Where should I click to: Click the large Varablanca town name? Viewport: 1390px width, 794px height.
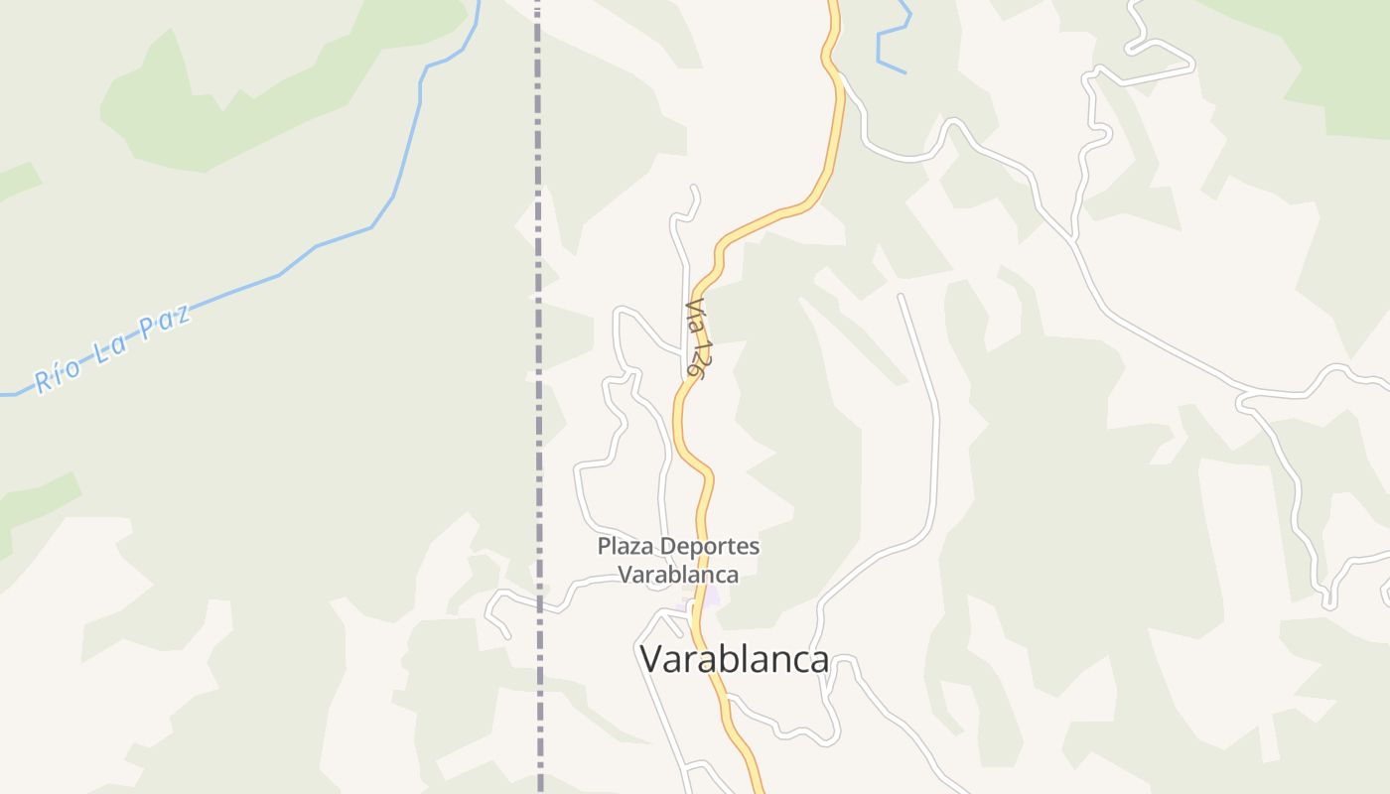(734, 659)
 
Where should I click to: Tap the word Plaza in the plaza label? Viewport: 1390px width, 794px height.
(626, 546)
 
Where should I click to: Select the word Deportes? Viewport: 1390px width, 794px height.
(710, 546)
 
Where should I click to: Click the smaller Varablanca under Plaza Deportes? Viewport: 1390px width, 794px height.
(678, 575)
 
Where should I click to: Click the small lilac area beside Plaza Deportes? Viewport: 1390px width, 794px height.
(707, 597)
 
